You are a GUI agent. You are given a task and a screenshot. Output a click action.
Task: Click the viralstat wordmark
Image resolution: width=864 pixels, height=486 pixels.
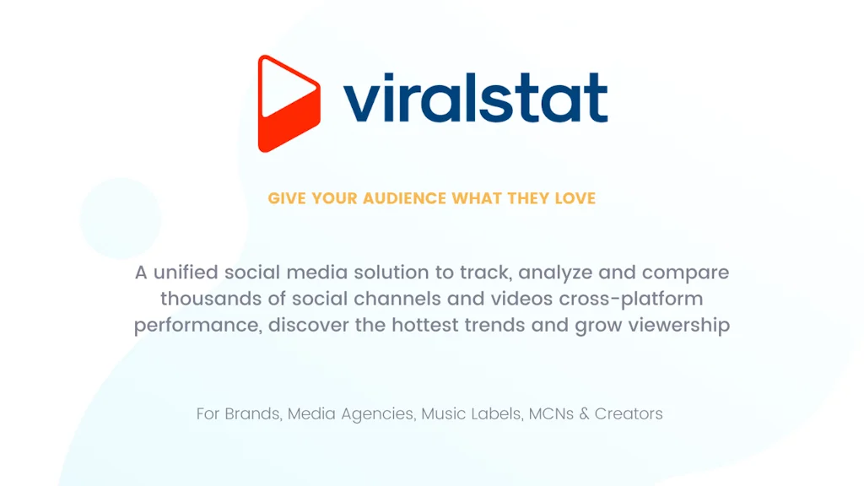(x=475, y=100)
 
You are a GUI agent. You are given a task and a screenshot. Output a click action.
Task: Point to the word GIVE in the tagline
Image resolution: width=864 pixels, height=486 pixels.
(x=287, y=199)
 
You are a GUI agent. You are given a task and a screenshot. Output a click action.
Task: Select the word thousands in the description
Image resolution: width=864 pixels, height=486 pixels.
(x=208, y=300)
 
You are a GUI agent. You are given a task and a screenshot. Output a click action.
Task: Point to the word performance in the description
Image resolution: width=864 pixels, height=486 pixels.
(x=194, y=326)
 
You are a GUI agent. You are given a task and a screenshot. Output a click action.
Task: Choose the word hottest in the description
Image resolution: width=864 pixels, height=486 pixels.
(x=426, y=326)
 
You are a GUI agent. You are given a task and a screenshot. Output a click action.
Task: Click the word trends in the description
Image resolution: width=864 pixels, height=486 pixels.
(x=496, y=326)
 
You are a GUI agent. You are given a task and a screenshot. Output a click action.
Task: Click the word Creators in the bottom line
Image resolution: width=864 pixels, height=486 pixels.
(x=629, y=414)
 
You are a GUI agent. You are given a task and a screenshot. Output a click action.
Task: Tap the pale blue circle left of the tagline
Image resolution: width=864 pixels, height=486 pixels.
(x=121, y=218)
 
